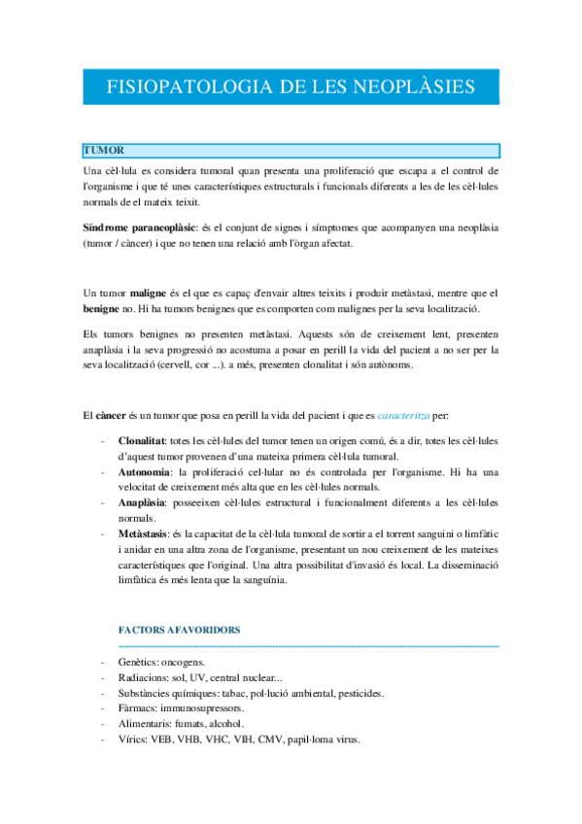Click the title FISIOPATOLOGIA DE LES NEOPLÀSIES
coord(291,86)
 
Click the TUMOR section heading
coord(102,151)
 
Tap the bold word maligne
coord(151,292)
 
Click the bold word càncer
coord(117,417)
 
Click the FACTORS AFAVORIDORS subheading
coord(179,630)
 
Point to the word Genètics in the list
coord(138,662)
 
